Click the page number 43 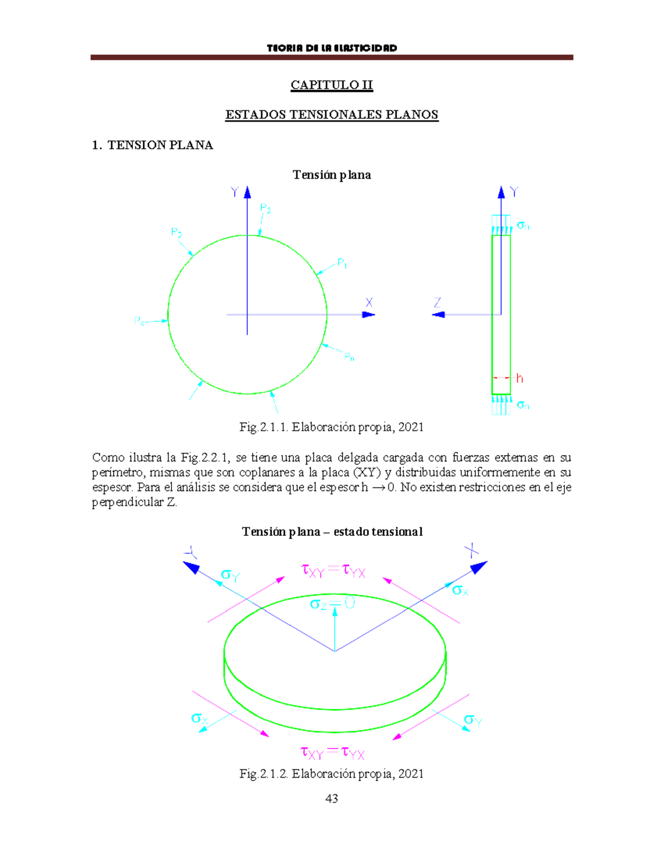331,798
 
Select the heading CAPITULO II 331,85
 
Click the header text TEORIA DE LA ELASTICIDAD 331,48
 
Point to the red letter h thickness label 519,378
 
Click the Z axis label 438,303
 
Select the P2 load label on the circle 266,209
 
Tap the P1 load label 342,263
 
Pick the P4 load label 139,321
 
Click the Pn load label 349,357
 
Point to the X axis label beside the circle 369,303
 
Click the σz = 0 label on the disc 332,603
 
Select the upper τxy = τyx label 333,570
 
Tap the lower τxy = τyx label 333,752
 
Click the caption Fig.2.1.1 331,427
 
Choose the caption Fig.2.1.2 331,773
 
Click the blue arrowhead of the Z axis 438,315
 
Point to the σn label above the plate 523,225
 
